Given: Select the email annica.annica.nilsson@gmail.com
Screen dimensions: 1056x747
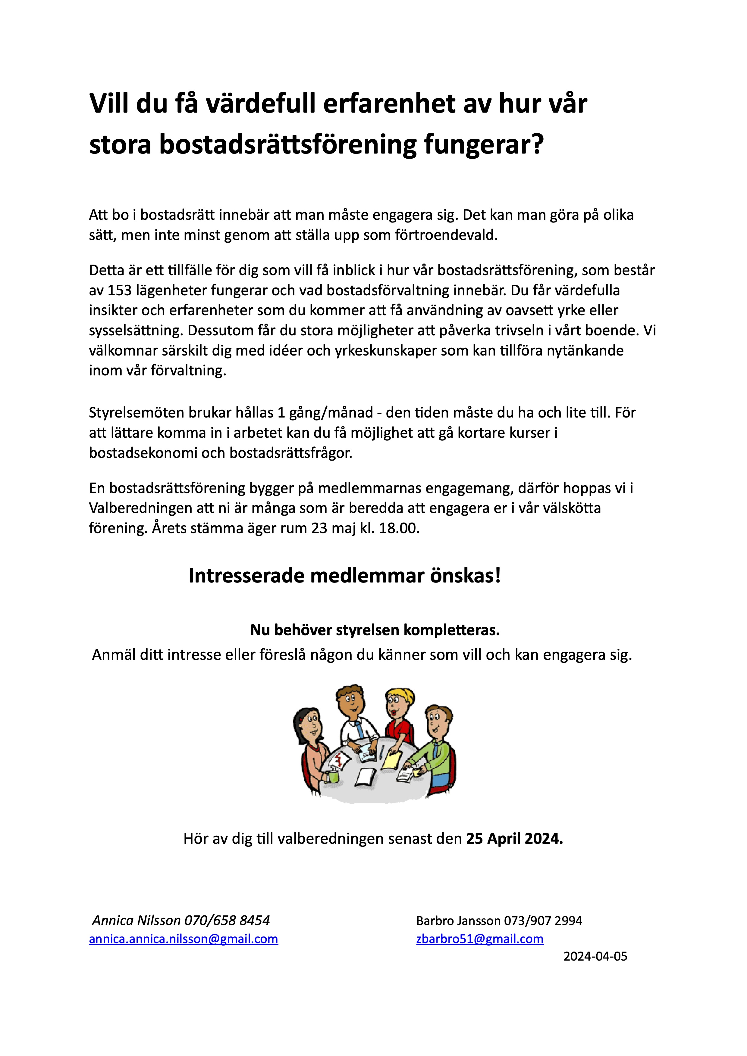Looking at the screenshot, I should click(x=183, y=939).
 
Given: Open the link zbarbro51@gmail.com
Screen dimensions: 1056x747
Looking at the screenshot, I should click(x=480, y=939).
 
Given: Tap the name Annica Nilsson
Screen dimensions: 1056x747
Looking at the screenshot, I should click(x=136, y=920).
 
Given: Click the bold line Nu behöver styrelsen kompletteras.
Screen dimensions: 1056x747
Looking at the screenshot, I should click(x=375, y=630).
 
